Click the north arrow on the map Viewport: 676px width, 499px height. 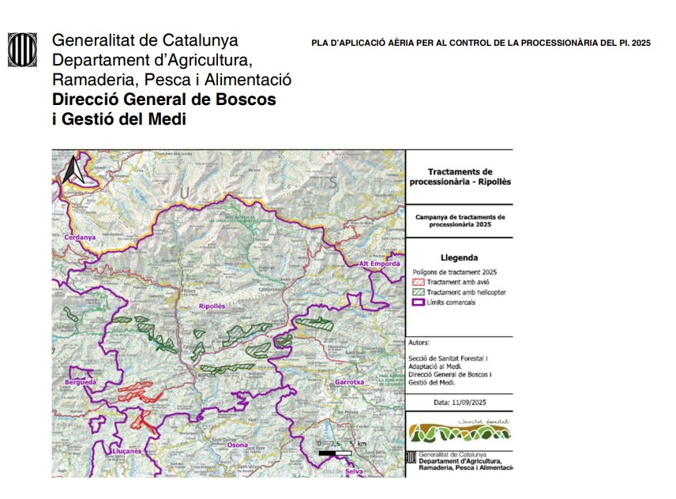tap(73, 169)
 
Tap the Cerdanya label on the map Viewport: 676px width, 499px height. tap(79, 237)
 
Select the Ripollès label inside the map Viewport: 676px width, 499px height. tap(212, 305)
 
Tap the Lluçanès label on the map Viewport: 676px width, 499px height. tap(126, 451)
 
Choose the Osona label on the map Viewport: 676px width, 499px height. tap(237, 445)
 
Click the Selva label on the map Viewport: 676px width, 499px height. tap(364, 471)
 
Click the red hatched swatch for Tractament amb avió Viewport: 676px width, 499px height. tap(419, 282)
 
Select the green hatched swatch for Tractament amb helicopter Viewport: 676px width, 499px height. tap(419, 292)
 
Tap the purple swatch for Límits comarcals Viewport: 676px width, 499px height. tap(419, 302)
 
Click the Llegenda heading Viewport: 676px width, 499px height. tap(459, 257)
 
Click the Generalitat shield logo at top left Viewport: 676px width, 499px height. tap(22, 50)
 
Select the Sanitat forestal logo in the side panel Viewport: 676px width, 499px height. tap(459, 431)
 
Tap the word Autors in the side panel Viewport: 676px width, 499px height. tap(419, 343)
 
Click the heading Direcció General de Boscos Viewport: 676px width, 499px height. tap(164, 100)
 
